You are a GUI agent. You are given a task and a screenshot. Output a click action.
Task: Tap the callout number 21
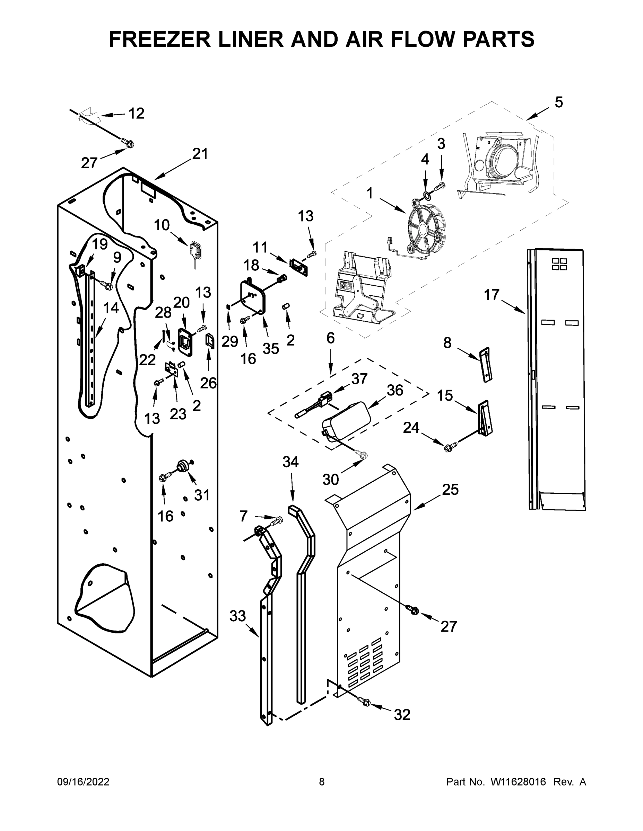tap(200, 154)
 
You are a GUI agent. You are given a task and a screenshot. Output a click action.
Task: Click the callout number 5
tap(558, 102)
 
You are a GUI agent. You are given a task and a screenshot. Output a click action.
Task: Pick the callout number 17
tap(492, 295)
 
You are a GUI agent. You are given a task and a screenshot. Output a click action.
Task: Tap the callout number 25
tap(450, 489)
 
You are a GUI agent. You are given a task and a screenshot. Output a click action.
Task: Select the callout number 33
tap(237, 615)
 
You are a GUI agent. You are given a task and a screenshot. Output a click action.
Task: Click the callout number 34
tap(290, 462)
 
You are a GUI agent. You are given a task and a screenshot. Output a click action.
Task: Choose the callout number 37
tap(359, 378)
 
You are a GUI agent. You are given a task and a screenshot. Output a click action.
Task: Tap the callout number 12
tap(136, 113)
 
